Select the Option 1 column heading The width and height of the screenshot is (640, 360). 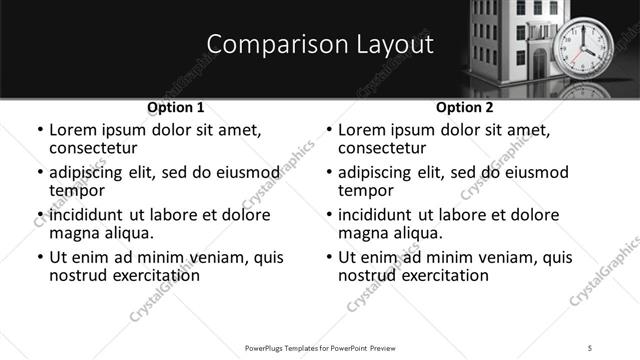(176, 107)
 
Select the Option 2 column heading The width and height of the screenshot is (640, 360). (465, 107)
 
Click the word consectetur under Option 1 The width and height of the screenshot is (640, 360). (97, 148)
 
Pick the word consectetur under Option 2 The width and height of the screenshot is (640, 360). (386, 148)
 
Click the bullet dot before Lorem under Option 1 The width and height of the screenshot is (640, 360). (40, 131)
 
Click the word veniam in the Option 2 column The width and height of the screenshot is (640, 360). (500, 257)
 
